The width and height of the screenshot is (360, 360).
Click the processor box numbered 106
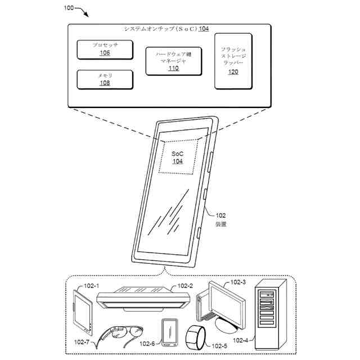tap(105, 49)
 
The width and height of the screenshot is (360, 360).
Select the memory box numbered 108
tap(105, 79)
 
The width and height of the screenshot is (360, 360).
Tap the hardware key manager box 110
tap(173, 61)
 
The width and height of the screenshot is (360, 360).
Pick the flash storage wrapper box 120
tap(233, 61)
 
